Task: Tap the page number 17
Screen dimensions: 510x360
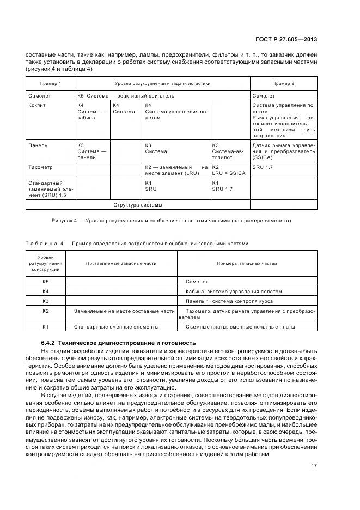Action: click(x=315, y=466)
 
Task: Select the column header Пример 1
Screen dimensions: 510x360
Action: click(x=50, y=83)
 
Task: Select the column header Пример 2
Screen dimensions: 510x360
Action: click(x=283, y=83)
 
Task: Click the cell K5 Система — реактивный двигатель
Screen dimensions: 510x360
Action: click(x=118, y=95)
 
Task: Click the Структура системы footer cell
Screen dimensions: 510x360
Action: click(x=138, y=205)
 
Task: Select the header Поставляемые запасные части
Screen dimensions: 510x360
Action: click(x=121, y=263)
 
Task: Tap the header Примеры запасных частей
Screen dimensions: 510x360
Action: click(x=247, y=263)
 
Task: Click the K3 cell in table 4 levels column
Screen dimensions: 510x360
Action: click(x=46, y=301)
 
